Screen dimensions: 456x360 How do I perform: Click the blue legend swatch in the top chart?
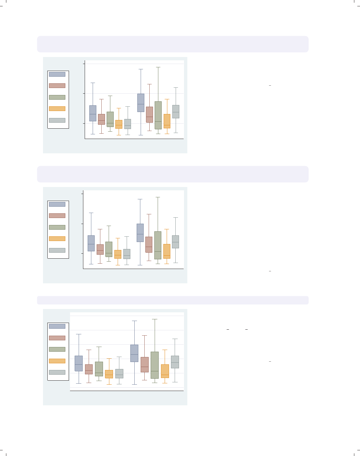pyautogui.click(x=57, y=74)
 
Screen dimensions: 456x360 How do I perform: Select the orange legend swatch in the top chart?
pyautogui.click(x=57, y=109)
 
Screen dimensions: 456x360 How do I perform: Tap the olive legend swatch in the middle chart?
pyautogui.click(x=57, y=227)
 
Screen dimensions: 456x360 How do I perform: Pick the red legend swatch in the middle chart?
pyautogui.click(x=57, y=216)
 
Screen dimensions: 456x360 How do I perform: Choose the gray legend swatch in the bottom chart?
pyautogui.click(x=57, y=372)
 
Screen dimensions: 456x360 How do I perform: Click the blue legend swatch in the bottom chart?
pyautogui.click(x=57, y=326)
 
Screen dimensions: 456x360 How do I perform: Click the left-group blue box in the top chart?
pyautogui.click(x=93, y=113)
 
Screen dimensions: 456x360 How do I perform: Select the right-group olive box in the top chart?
pyautogui.click(x=158, y=115)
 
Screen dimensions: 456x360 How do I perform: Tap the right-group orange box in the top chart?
pyautogui.click(x=167, y=121)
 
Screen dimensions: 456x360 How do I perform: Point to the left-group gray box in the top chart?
pyautogui.click(x=128, y=124)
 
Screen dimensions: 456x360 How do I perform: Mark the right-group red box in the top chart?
pyautogui.click(x=149, y=115)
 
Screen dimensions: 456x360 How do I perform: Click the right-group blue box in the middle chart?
pyautogui.click(x=140, y=233)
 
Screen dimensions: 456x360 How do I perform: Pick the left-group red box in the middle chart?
pyautogui.click(x=100, y=249)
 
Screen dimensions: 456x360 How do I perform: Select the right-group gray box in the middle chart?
pyautogui.click(x=175, y=242)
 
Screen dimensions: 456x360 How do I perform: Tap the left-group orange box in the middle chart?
pyautogui.click(x=118, y=254)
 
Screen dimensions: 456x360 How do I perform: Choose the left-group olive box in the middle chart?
pyautogui.click(x=109, y=249)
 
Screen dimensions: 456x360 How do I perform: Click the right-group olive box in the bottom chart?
pyautogui.click(x=155, y=365)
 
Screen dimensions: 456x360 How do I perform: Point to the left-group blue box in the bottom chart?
pyautogui.click(x=79, y=363)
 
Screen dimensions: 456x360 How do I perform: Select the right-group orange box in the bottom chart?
pyautogui.click(x=165, y=371)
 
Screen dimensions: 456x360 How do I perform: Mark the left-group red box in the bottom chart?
pyautogui.click(x=89, y=369)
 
